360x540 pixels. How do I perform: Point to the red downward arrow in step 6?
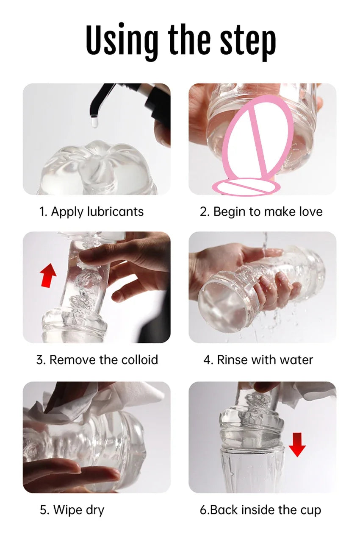coord(297,443)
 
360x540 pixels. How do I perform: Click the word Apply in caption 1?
coord(67,212)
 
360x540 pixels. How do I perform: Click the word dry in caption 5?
coord(94,510)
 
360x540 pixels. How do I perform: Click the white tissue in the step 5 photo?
coord(85,401)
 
